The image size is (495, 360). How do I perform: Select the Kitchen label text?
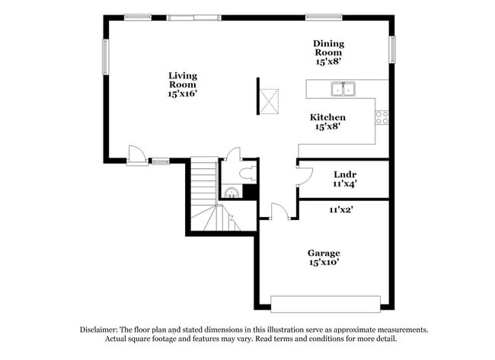pos(327,117)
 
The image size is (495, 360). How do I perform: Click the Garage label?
pos(324,253)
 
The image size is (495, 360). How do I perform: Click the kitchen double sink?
pos(343,89)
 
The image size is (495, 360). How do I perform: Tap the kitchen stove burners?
pos(382,117)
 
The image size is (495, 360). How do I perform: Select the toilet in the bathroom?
pos(247,174)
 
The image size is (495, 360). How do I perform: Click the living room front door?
pos(137,155)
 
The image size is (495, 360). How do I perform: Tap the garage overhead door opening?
pos(325,303)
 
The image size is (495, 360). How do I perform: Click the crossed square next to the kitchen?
pos(269,100)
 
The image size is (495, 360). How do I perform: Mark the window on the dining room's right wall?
pos(392,49)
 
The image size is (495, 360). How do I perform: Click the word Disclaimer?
pos(100,330)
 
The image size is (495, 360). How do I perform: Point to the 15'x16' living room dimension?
pos(183,94)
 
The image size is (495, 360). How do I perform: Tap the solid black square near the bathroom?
pos(249,193)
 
